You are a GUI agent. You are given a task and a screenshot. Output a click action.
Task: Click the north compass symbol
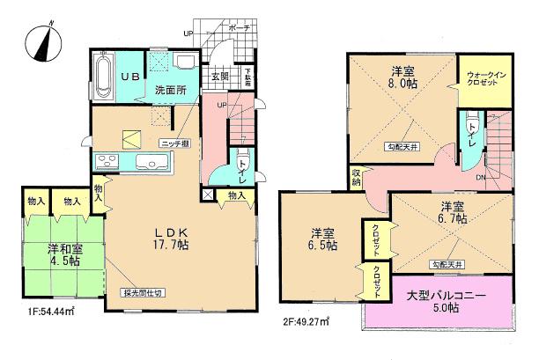[x=41, y=42]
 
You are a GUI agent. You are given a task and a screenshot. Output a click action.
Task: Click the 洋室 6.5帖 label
[x=323, y=240]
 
